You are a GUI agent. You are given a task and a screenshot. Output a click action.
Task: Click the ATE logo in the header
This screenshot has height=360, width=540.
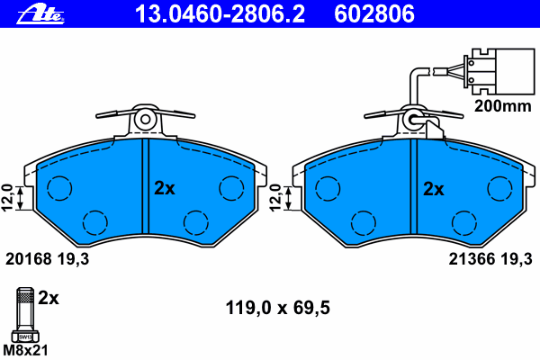[40, 14]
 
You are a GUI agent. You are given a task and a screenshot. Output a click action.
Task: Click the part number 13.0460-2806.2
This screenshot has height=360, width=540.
[220, 14]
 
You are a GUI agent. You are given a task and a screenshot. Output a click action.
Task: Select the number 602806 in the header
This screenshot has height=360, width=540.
[374, 14]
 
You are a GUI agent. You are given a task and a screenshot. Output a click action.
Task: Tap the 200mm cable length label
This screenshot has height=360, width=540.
[503, 106]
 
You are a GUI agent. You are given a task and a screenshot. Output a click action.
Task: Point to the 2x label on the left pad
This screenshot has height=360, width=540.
[165, 188]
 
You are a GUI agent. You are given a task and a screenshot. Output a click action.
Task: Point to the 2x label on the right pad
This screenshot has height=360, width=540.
[433, 189]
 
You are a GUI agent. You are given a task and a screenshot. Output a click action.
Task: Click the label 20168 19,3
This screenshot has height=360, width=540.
[47, 258]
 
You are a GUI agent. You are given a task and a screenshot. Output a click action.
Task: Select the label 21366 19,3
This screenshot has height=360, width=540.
[490, 258]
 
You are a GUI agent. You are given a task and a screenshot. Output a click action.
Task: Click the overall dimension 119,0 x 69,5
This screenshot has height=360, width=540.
[277, 308]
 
